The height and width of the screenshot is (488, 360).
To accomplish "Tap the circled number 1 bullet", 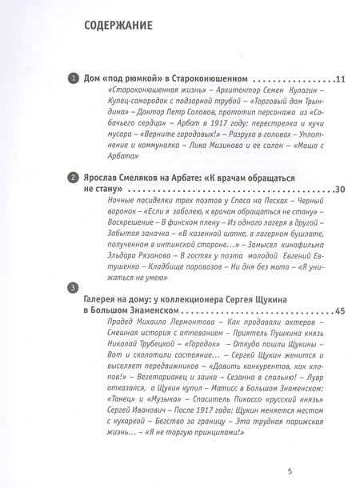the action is [73, 80].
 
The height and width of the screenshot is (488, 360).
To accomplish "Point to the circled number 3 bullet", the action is [73, 287].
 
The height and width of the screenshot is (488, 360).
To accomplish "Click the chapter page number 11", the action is [317, 81].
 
